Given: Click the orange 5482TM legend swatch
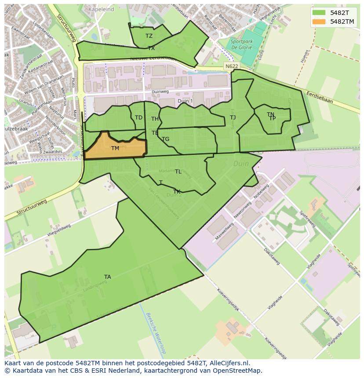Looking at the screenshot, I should (x=320, y=22).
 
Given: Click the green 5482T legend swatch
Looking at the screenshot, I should (x=320, y=13).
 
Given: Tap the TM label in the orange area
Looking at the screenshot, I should (x=115, y=148).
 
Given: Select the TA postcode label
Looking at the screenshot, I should (x=108, y=277).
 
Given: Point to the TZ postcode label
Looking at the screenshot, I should (x=149, y=36).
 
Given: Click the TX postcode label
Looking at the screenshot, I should (x=151, y=48).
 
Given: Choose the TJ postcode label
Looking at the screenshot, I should (x=233, y=117).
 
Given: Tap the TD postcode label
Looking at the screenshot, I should (x=138, y=118).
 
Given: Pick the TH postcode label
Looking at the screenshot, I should (x=155, y=119).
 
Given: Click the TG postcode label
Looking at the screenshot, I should (x=166, y=139).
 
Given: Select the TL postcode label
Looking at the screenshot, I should (x=178, y=172).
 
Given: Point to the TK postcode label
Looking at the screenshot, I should (x=177, y=192).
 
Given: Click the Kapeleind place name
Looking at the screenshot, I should (x=101, y=9).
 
